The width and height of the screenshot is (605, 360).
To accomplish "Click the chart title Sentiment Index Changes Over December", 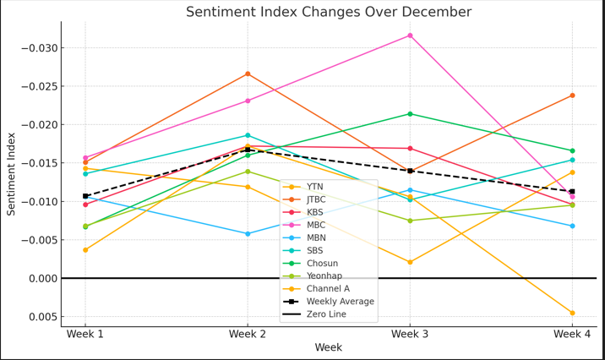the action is [x=329, y=12].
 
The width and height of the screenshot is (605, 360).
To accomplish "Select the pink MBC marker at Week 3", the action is [x=410, y=35].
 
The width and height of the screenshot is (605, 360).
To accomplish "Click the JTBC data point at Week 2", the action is [x=248, y=74].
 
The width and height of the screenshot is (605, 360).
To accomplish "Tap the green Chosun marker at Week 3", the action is [x=410, y=114].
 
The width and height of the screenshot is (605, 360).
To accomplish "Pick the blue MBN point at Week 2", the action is [x=248, y=234].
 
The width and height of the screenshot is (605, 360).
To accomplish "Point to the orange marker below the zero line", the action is [x=572, y=313].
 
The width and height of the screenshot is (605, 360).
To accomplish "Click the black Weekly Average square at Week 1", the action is [x=85, y=196].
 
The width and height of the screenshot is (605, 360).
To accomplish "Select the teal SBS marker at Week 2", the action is [x=248, y=135].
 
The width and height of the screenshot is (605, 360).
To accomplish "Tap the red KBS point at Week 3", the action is [x=410, y=149].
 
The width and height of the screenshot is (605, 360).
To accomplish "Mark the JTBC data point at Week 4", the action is [x=572, y=95].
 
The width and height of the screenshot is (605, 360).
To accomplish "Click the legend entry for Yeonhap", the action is [x=313, y=275].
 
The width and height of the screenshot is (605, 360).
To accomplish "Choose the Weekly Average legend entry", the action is [x=329, y=302].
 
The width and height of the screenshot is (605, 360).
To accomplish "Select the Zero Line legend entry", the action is [x=314, y=314].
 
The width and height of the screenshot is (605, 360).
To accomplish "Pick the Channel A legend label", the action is [x=329, y=289].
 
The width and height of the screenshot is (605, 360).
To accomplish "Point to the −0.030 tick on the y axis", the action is [x=40, y=48].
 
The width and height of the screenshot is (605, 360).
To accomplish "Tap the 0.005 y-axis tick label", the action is [x=43, y=317].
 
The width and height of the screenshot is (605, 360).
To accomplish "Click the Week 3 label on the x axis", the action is [x=410, y=334].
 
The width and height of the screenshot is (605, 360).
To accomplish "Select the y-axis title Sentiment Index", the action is [x=11, y=174].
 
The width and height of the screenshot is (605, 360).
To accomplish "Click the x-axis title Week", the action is [x=329, y=347].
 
